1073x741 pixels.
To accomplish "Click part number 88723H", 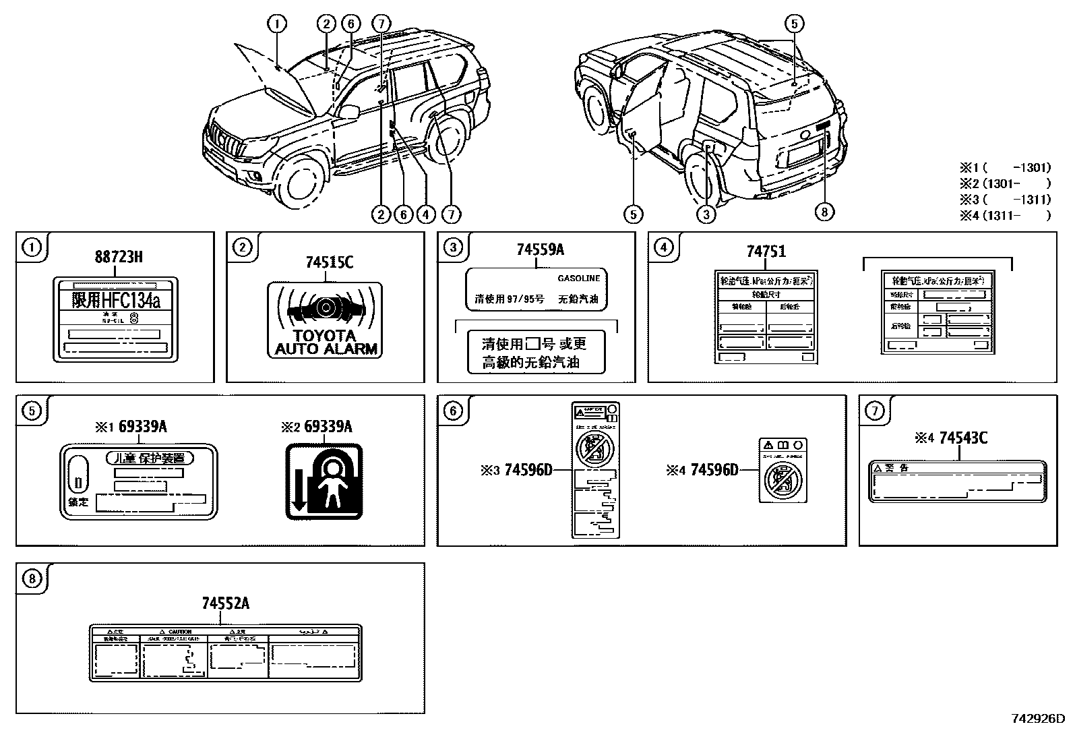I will (118, 257).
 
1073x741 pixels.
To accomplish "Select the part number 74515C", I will (329, 262).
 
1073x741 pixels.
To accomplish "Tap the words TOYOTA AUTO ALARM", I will (326, 343).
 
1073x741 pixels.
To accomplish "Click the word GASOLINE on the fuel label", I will (578, 278).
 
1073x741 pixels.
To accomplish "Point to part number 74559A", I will (540, 249).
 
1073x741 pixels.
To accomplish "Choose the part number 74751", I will (766, 251).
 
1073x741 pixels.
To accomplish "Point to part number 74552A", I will (225, 603).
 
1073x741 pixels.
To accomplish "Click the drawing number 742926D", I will (1038, 719).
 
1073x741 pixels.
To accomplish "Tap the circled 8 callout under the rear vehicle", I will (824, 212).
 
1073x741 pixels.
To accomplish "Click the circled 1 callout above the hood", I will (276, 24).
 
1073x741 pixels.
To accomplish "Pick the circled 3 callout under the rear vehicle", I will (706, 214).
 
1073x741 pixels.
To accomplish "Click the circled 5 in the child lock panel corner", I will (32, 411).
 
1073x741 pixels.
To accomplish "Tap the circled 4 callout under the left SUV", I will (425, 214).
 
